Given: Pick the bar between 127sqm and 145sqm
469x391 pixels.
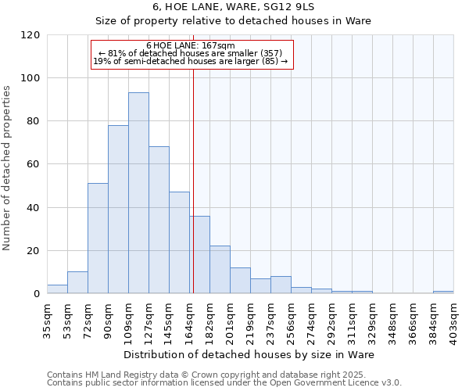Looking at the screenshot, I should (159, 220).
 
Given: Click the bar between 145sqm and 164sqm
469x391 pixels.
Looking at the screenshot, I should (179, 242).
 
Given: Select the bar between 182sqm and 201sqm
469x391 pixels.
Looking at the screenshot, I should (220, 270).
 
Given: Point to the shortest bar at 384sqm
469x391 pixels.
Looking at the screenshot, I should (443, 292).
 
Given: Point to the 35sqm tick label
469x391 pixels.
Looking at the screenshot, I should (47, 317).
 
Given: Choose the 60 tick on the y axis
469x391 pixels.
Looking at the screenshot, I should (34, 164).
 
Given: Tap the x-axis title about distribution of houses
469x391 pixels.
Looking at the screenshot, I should (249, 355).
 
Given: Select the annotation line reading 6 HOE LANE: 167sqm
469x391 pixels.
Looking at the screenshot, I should (191, 45).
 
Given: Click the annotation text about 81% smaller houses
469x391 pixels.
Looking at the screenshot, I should (191, 53).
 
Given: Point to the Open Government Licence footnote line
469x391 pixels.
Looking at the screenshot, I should (224, 382).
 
